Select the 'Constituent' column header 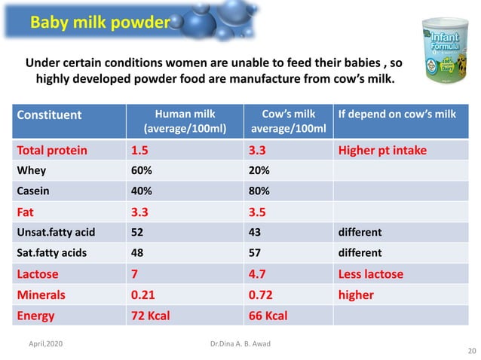[x=50, y=114]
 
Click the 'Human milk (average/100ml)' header [x=184, y=121]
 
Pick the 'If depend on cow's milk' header [x=397, y=114]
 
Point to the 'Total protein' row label [x=52, y=150]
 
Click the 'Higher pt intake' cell [x=382, y=150]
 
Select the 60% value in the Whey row [x=142, y=171]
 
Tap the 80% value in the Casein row [x=259, y=191]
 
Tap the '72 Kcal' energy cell [x=151, y=315]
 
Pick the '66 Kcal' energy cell [x=268, y=315]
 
